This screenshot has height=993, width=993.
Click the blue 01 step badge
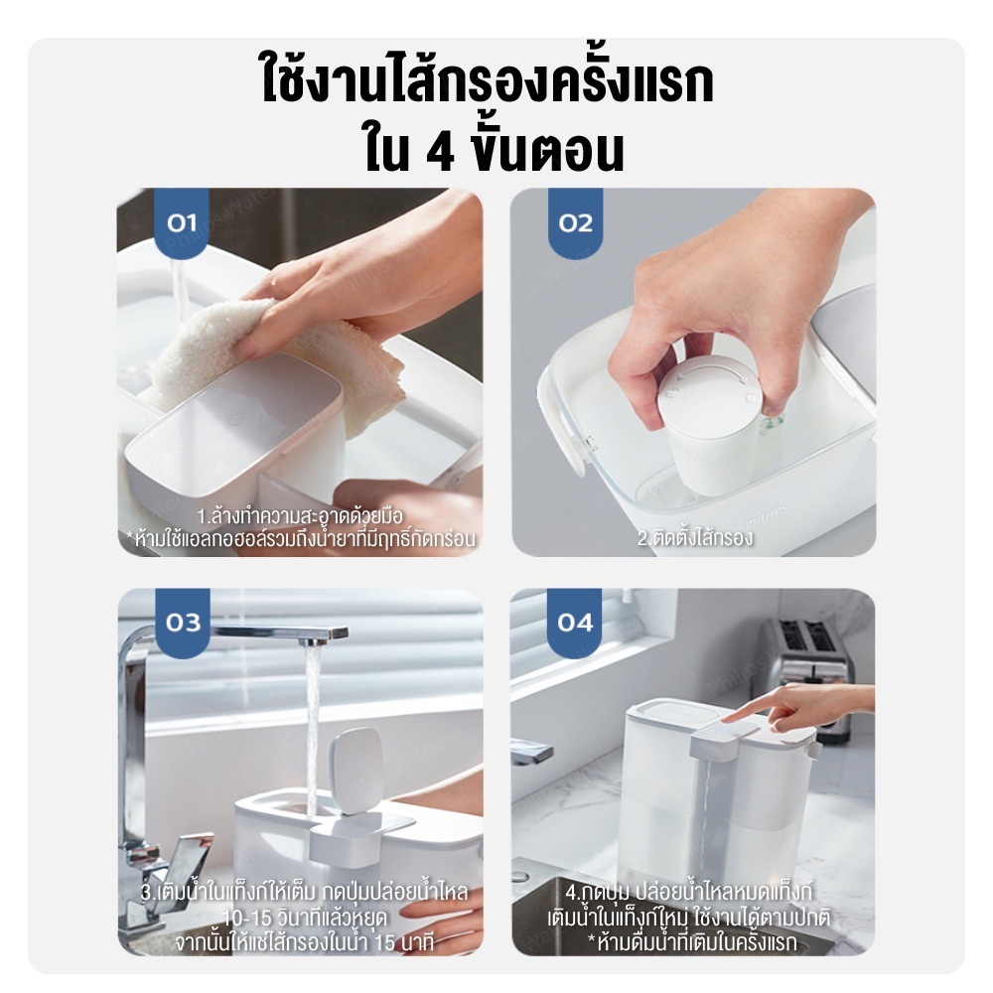click(x=182, y=222)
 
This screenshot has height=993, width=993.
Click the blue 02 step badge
click(x=575, y=222)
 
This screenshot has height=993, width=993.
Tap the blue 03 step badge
click(x=183, y=623)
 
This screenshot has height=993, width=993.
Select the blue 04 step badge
click(x=574, y=623)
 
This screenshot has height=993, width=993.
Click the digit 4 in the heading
click(x=440, y=151)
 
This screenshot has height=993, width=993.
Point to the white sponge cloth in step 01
click(x=266, y=361)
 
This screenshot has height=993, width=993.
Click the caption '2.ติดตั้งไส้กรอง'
click(x=695, y=537)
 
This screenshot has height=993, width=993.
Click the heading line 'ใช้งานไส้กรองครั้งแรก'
click(x=488, y=81)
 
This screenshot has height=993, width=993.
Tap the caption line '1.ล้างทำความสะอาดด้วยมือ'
click(x=300, y=516)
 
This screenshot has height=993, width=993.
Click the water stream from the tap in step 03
click(x=312, y=728)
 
